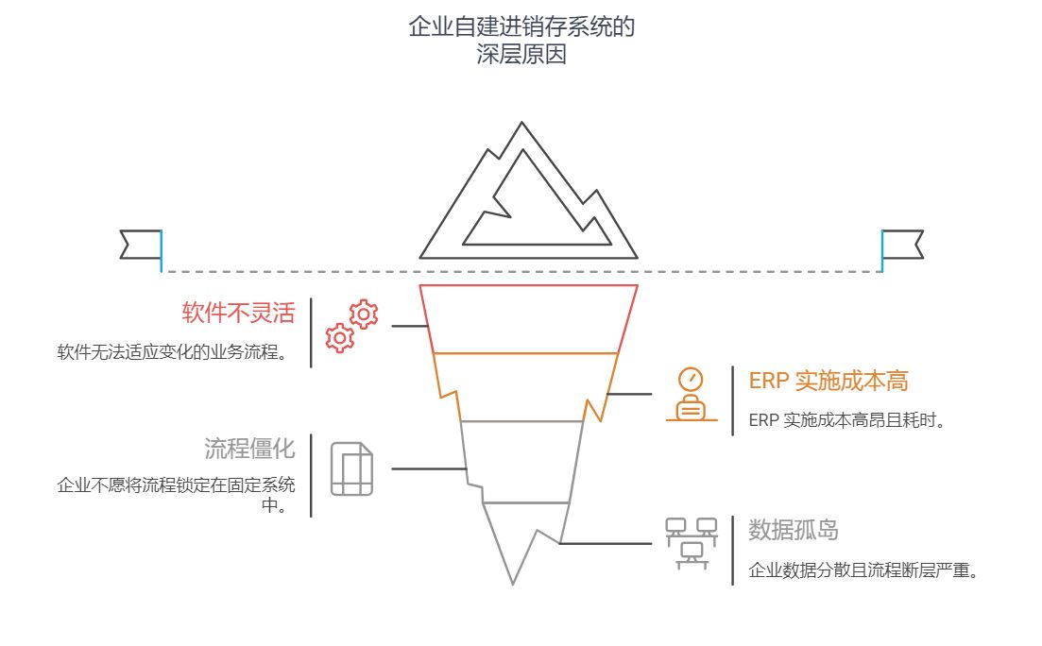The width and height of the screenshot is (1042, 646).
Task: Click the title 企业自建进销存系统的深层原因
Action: [x=521, y=40]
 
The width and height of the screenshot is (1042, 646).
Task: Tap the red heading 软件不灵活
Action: [x=238, y=313]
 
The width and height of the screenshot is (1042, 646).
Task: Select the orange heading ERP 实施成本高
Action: [x=828, y=381]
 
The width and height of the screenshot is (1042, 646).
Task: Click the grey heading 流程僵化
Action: [x=249, y=447]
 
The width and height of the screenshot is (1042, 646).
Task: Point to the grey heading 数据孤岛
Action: [x=794, y=529]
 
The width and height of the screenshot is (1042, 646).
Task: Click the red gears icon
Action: [x=351, y=326]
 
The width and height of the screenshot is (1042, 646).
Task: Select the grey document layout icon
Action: [x=351, y=468]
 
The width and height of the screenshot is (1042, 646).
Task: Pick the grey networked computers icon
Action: [x=691, y=542]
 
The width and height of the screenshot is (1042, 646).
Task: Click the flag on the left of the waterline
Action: [x=141, y=244]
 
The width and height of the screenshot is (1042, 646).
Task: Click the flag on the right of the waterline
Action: [x=902, y=244]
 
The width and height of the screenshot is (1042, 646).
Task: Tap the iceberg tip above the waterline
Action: [x=527, y=203]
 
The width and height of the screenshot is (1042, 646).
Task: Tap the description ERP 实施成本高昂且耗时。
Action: [x=846, y=420]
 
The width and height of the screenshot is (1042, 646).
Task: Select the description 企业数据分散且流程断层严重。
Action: [x=862, y=570]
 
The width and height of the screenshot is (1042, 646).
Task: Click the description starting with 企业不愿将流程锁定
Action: [x=176, y=495]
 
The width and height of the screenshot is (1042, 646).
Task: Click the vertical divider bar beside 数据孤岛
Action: [x=732, y=551]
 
